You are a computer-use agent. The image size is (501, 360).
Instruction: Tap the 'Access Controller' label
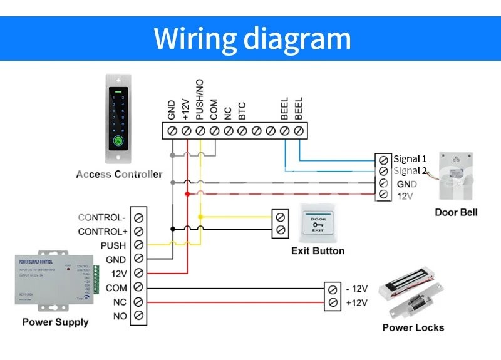click(119, 174)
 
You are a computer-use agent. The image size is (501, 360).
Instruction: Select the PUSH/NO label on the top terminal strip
click(200, 107)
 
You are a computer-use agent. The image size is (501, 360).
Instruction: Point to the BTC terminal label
click(242, 111)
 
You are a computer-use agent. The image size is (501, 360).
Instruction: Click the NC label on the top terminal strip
click(228, 113)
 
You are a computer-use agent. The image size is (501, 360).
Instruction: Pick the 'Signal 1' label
click(410, 158)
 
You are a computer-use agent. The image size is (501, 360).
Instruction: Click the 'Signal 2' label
click(410, 171)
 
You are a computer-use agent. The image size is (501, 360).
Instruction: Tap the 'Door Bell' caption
click(456, 212)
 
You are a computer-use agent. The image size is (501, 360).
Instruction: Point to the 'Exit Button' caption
click(318, 251)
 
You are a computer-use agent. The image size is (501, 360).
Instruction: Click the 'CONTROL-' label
click(101, 218)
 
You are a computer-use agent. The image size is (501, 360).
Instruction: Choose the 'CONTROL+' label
click(101, 232)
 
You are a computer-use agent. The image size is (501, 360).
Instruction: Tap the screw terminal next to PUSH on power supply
click(138, 245)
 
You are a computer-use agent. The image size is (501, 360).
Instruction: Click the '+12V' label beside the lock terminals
click(356, 303)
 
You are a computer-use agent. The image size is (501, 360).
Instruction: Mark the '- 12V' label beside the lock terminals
click(356, 289)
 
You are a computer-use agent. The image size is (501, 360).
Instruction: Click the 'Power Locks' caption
click(413, 327)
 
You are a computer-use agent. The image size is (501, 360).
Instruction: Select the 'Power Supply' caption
click(55, 322)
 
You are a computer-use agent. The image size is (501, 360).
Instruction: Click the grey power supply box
click(55, 279)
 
